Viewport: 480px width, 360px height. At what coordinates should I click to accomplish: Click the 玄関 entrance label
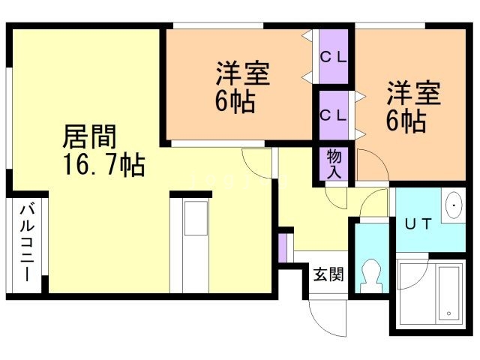pyautogui.click(x=328, y=274)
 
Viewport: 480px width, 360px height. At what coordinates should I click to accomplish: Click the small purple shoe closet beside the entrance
pyautogui.click(x=283, y=248)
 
